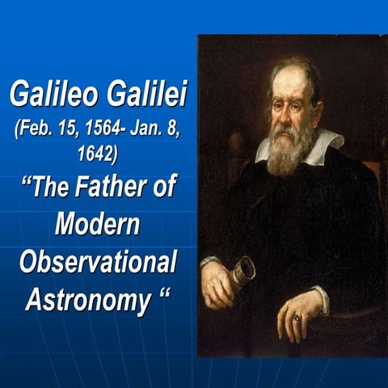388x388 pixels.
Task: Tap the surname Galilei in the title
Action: [x=146, y=96]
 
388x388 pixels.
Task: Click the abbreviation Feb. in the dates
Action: [x=33, y=132]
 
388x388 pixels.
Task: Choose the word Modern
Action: [x=98, y=225]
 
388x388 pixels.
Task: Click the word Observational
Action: [x=97, y=263]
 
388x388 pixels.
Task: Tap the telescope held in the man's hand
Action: [x=242, y=271]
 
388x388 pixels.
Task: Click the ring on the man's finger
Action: [x=297, y=318]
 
